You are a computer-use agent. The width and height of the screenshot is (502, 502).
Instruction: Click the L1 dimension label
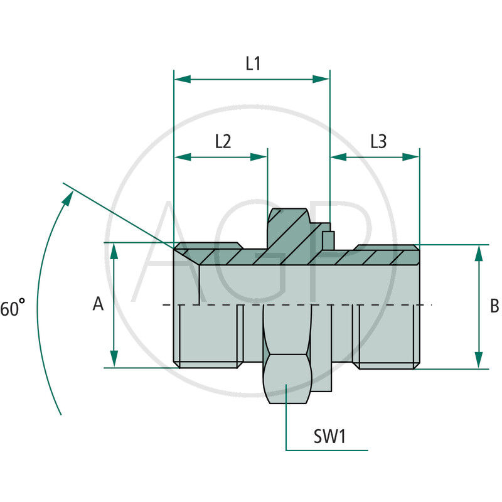(x=253, y=63)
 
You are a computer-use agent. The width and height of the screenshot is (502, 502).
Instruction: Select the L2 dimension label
(x=223, y=141)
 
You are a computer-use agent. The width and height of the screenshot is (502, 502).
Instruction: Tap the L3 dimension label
(x=378, y=141)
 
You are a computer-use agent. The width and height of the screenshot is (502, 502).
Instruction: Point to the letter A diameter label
(x=98, y=304)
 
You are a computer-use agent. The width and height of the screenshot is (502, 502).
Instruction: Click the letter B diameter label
(x=494, y=306)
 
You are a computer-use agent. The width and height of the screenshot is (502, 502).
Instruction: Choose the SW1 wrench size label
(x=330, y=436)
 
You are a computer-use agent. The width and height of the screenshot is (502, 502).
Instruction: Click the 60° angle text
(x=13, y=309)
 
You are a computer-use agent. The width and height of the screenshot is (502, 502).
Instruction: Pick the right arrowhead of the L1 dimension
(x=321, y=79)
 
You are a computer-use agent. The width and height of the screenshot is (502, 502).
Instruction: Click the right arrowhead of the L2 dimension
(x=260, y=156)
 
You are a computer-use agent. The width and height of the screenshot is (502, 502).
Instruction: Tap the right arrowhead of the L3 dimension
(x=411, y=156)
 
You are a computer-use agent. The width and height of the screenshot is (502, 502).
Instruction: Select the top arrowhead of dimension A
(x=114, y=250)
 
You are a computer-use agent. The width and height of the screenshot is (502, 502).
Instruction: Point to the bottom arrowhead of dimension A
(x=114, y=359)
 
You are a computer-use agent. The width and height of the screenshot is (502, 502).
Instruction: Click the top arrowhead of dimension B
(x=479, y=253)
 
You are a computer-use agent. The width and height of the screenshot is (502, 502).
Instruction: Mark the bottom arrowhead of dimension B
(x=479, y=360)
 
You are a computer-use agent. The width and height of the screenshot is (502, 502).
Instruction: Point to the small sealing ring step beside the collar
(x=328, y=238)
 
